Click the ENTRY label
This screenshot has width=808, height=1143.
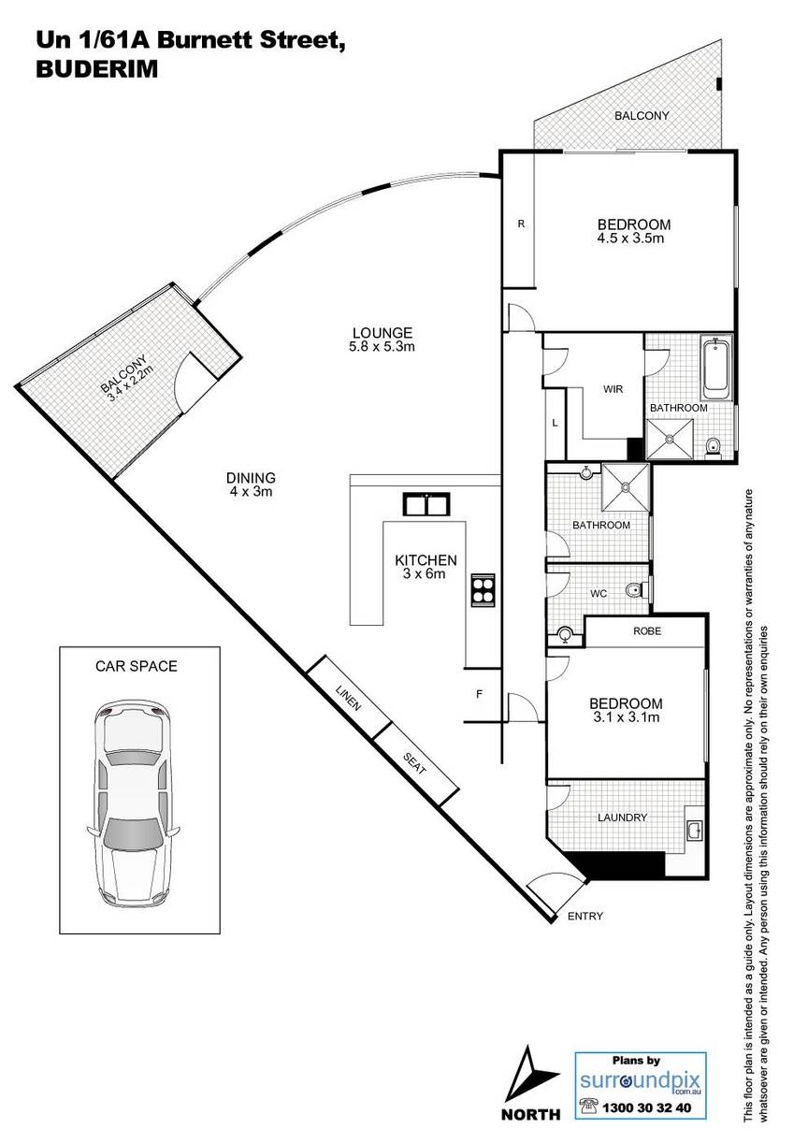(585, 916)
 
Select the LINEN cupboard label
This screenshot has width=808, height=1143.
(349, 698)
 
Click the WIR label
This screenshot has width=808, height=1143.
(613, 389)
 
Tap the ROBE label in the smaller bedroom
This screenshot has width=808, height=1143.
(647, 631)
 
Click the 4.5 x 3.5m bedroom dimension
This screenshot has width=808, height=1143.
(630, 238)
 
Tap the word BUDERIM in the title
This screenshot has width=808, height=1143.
(97, 69)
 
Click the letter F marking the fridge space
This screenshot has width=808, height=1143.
(479, 694)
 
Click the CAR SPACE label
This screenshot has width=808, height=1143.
(137, 666)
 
